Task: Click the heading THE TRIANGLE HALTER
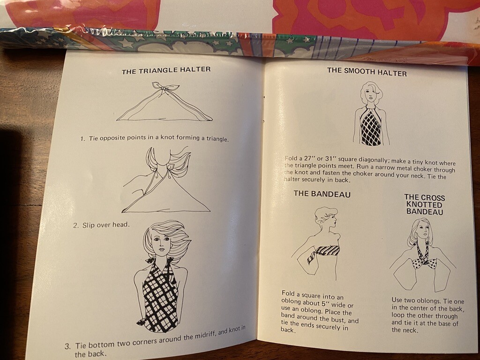[166, 70]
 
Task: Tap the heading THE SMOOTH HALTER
[367, 71]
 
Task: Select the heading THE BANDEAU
[322, 194]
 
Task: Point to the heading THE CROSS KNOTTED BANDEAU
[424, 204]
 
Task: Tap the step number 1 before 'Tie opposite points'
[82, 139]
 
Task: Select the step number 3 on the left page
[67, 346]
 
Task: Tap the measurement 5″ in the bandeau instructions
[325, 304]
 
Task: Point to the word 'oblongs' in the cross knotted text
[428, 301]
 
